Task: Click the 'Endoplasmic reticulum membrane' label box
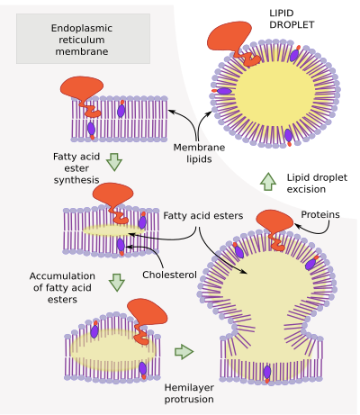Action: pyautogui.click(x=83, y=39)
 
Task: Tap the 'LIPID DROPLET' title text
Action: pyautogui.click(x=292, y=19)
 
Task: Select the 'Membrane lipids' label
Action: pyautogui.click(x=199, y=153)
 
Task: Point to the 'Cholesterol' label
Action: pyautogui.click(x=169, y=275)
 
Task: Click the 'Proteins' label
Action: pyautogui.click(x=320, y=214)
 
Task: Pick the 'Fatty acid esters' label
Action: pyautogui.click(x=203, y=215)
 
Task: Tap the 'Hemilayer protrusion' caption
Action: pyautogui.click(x=189, y=393)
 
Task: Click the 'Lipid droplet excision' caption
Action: pyautogui.click(x=317, y=184)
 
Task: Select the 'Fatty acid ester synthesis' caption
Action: pyautogui.click(x=76, y=168)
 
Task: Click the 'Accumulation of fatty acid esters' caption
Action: pyautogui.click(x=62, y=287)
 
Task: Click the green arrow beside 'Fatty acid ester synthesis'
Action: pyautogui.click(x=114, y=162)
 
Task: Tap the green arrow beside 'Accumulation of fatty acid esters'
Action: pyautogui.click(x=117, y=283)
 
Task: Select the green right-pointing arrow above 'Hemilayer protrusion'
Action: pyautogui.click(x=184, y=351)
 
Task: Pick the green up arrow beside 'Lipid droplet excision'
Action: pyautogui.click(x=268, y=182)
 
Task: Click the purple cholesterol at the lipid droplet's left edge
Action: pyautogui.click(x=222, y=91)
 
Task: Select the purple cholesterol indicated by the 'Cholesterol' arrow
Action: pyautogui.click(x=121, y=247)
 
